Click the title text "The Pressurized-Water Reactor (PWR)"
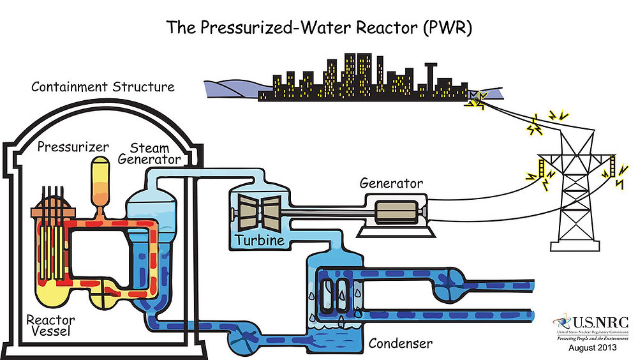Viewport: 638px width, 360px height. click(x=319, y=27)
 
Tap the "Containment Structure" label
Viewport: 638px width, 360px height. click(x=103, y=86)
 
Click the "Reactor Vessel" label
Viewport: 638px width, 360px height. click(x=50, y=325)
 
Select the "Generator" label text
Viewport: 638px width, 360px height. click(x=391, y=183)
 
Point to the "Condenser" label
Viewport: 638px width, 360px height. click(x=400, y=344)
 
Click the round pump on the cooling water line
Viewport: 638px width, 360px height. click(x=454, y=280)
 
